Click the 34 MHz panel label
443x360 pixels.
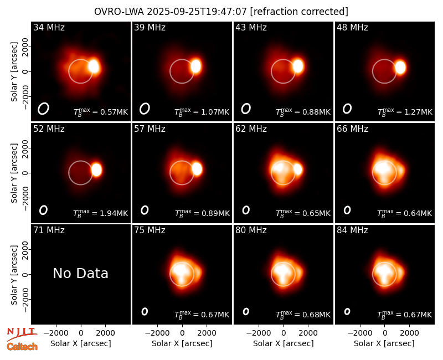click(49, 27)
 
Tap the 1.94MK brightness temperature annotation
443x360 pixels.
click(101, 213)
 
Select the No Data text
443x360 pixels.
click(80, 273)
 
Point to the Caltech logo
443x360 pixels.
click(22, 347)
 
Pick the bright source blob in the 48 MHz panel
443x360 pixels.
click(400, 68)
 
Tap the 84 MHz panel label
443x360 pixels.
click(352, 230)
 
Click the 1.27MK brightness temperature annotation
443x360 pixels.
click(405, 112)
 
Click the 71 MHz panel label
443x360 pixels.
click(49, 230)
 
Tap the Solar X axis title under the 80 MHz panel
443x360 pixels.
click(283, 343)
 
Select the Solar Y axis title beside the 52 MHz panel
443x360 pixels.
click(14, 173)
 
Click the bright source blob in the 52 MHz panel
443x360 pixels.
click(96, 169)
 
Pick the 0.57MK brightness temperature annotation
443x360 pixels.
click(101, 112)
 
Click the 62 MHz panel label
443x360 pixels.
click(251, 129)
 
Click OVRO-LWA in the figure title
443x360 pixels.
click(119, 12)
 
